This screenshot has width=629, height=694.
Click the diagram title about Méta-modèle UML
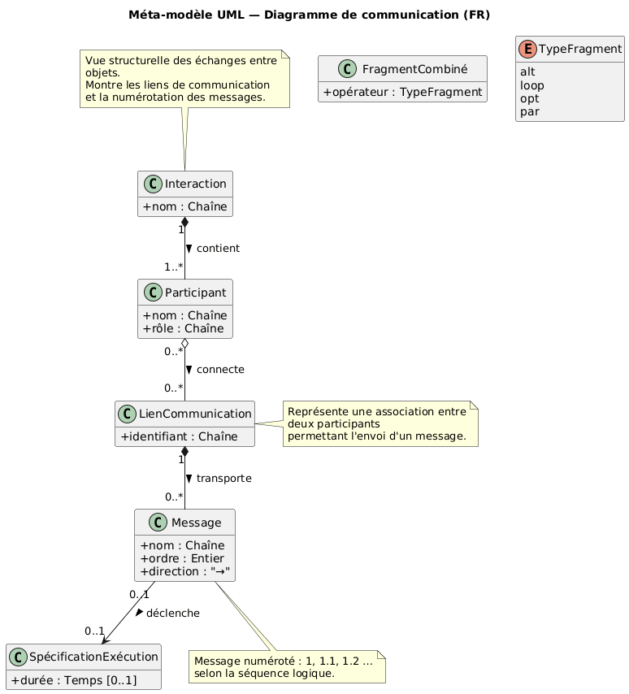(309, 15)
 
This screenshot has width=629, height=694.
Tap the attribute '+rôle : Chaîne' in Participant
(184, 328)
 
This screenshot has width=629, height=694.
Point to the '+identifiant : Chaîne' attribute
(184, 436)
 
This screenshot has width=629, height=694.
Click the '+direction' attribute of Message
(186, 571)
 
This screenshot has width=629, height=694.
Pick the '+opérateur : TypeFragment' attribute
(403, 91)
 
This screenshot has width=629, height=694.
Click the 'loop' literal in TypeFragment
(532, 85)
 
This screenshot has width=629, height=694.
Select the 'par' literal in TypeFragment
(531, 111)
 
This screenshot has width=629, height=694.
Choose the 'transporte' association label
(223, 479)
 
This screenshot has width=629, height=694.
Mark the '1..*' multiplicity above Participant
(173, 267)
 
